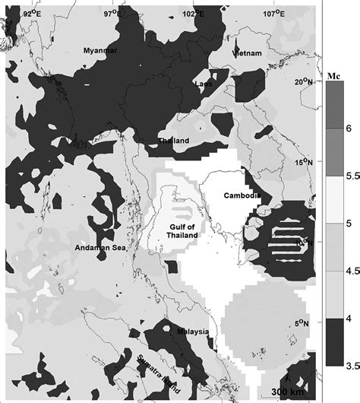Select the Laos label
click(x=204, y=84)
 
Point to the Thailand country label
click(x=174, y=141)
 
